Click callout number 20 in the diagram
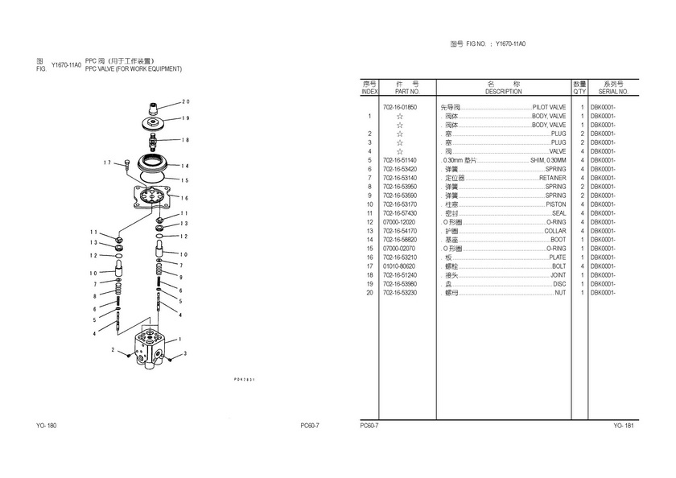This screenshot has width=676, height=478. [x=185, y=101]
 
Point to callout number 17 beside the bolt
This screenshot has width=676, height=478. [x=106, y=163]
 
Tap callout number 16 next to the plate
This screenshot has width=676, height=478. [x=185, y=198]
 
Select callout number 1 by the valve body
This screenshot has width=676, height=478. [x=179, y=339]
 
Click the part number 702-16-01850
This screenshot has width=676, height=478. [x=400, y=107]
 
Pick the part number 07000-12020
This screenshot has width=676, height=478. [x=400, y=222]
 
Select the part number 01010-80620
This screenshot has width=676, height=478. [x=400, y=266]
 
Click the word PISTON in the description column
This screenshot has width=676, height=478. [x=556, y=204]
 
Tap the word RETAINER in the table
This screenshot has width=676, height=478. [x=553, y=178]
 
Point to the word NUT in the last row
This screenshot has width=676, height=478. [x=560, y=293]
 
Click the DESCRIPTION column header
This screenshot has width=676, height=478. [x=504, y=92]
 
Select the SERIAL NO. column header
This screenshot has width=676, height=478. [x=612, y=92]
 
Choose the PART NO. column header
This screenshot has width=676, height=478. [x=402, y=92]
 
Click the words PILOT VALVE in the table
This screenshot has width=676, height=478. [x=549, y=107]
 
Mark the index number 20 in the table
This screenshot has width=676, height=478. [x=369, y=293]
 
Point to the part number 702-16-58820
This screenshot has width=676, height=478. [x=400, y=240]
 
